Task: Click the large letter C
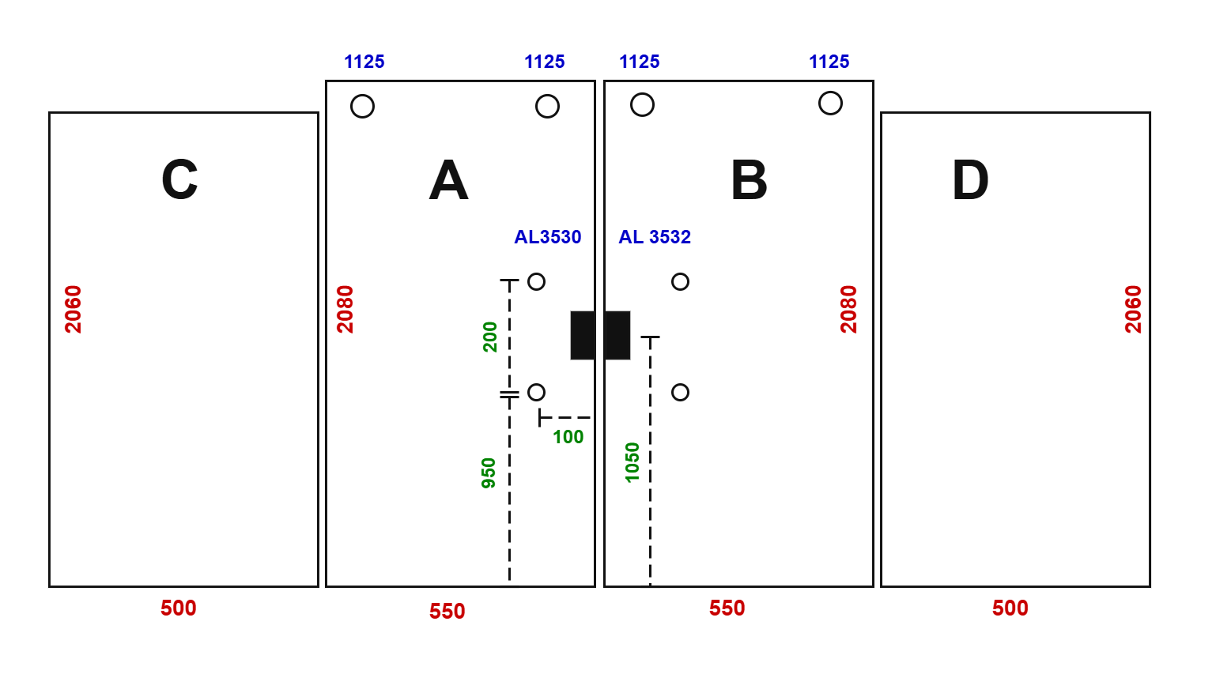(179, 179)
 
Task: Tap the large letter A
(448, 180)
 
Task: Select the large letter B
(749, 180)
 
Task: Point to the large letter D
(971, 180)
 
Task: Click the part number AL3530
(547, 237)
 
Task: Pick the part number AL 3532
(655, 237)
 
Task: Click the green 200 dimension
(489, 337)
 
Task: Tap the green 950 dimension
(489, 473)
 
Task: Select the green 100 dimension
(568, 437)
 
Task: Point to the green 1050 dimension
(632, 462)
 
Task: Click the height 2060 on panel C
(73, 309)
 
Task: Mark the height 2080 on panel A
(346, 309)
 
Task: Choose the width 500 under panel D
(1010, 608)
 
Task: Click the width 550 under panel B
(727, 608)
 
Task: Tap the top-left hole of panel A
(363, 95)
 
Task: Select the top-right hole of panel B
(830, 92)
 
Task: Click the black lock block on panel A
(583, 336)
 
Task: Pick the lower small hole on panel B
(681, 384)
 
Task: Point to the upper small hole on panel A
(536, 273)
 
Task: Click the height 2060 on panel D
(1133, 309)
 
